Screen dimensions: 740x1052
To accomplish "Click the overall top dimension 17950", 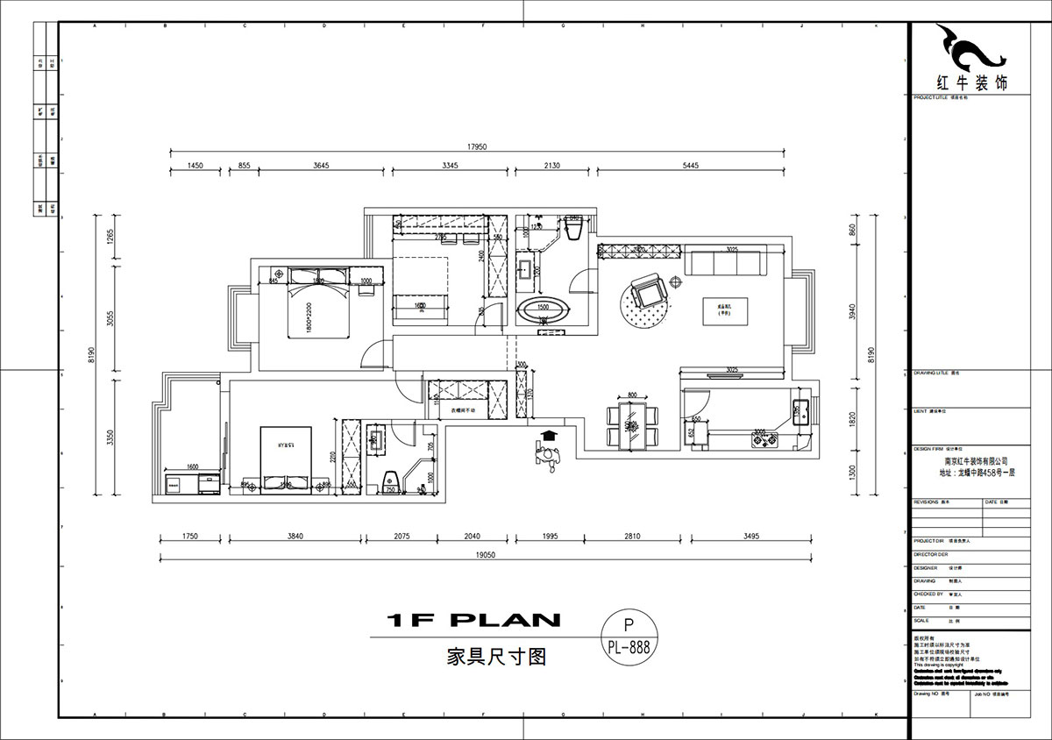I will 477,146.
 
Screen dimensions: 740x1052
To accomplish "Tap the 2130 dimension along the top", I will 553,166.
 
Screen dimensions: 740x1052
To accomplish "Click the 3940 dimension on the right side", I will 850,314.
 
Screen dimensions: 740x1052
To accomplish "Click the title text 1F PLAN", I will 473,621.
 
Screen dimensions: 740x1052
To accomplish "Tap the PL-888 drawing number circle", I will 627,640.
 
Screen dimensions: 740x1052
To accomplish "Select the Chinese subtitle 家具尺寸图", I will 484,657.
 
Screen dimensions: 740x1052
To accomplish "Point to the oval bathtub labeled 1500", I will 544,309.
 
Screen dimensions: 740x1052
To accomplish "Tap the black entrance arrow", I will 549,435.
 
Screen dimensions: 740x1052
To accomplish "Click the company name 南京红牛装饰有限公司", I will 975,460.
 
